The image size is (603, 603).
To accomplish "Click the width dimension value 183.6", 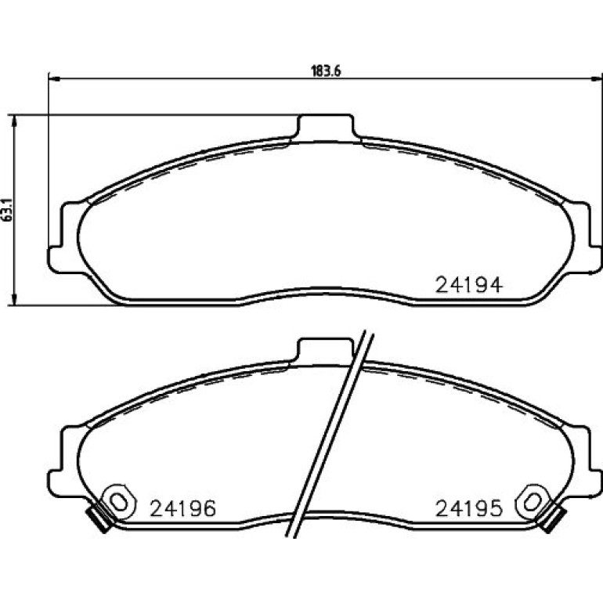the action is pyautogui.click(x=326, y=71).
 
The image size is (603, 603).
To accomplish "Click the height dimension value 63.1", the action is pyautogui.click(x=8, y=210).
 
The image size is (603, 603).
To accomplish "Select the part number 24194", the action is pyautogui.click(x=468, y=285).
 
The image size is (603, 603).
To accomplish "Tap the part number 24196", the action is pyautogui.click(x=182, y=508).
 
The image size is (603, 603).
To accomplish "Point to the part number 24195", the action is pyautogui.click(x=468, y=508).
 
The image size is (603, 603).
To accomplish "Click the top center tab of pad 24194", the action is pyautogui.click(x=326, y=127).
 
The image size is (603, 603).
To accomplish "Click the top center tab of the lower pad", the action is pyautogui.click(x=325, y=350).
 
